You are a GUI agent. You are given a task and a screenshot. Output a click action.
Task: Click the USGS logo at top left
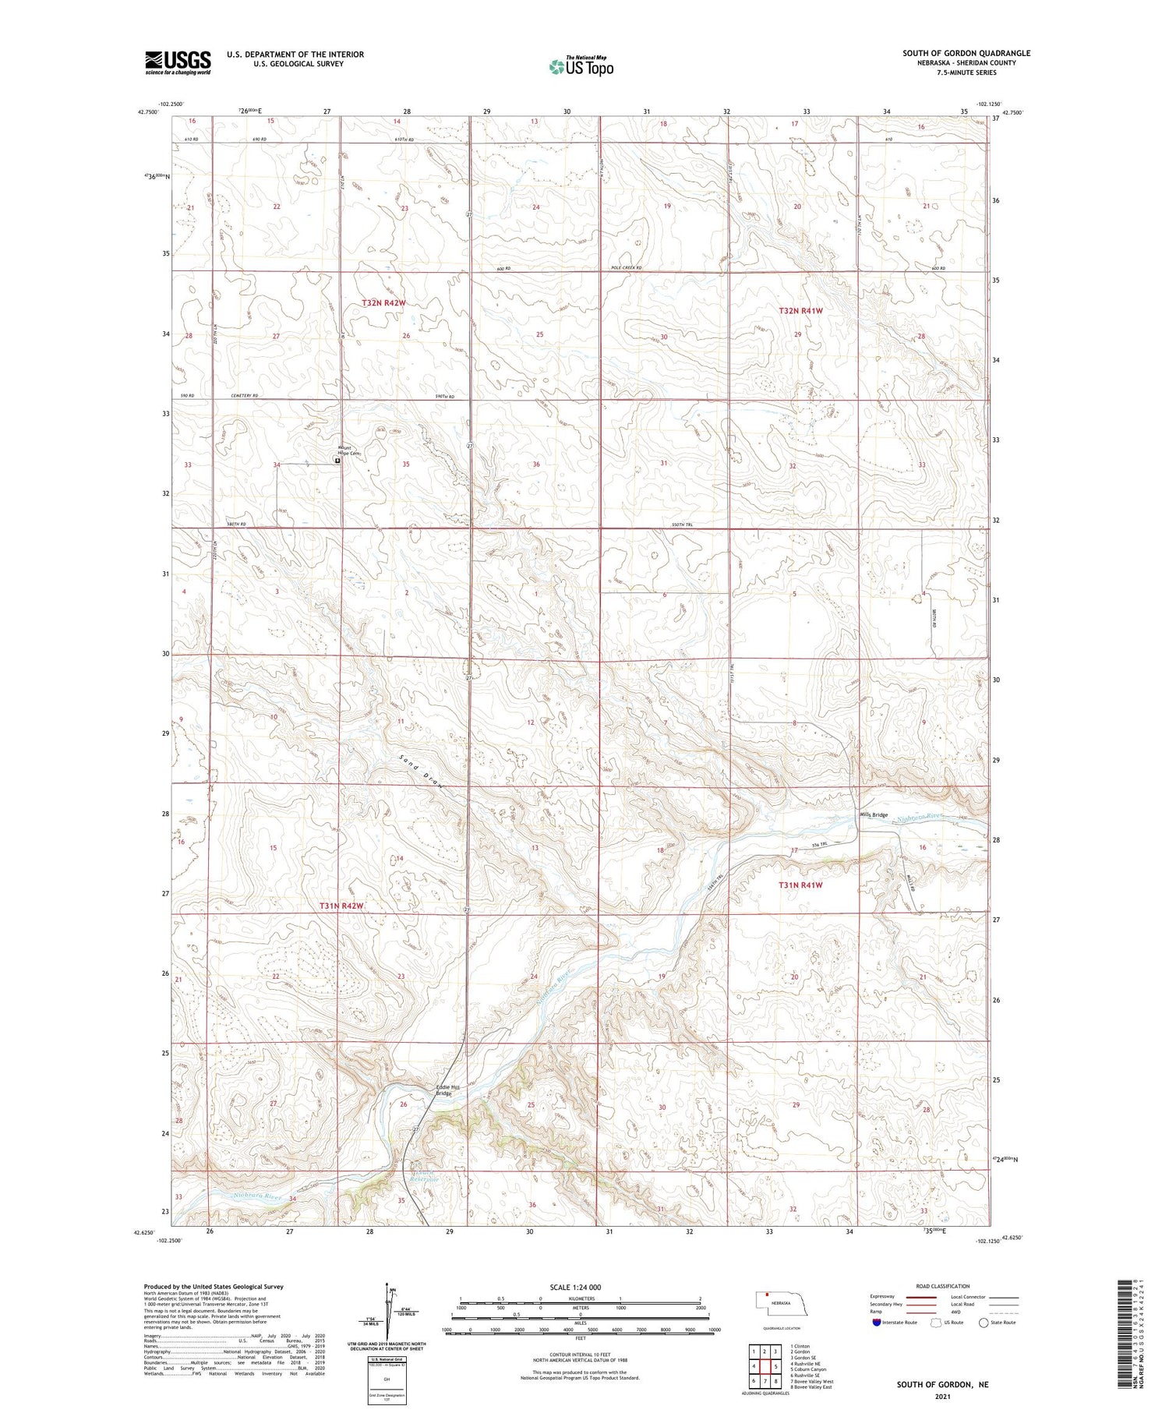click(x=178, y=62)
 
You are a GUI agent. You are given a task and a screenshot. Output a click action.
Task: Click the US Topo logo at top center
click(x=581, y=67)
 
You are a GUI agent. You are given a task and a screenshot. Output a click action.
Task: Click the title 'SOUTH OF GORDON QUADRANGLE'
click(x=966, y=53)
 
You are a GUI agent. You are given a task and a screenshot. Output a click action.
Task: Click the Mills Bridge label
click(x=873, y=815)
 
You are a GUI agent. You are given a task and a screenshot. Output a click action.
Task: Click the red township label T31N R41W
click(x=800, y=885)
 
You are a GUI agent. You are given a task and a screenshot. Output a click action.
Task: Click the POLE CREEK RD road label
click(x=626, y=268)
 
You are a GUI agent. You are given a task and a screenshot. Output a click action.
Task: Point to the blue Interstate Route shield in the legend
click(x=877, y=1323)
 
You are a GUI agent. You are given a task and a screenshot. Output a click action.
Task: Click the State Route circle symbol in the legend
click(x=984, y=1323)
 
